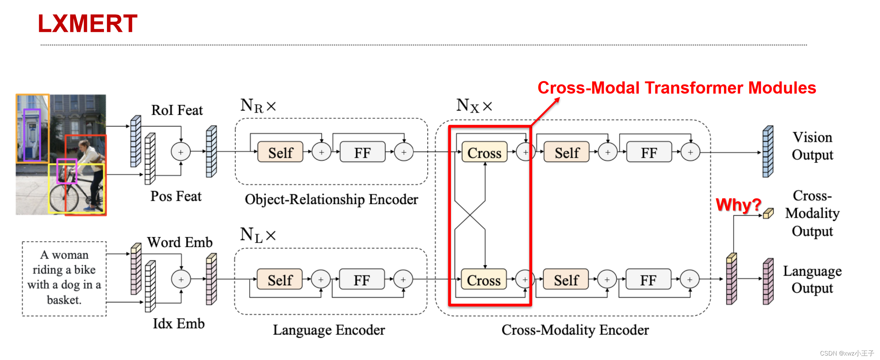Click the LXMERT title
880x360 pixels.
tap(88, 24)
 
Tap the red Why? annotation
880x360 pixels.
tap(738, 205)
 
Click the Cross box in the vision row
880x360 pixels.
tap(484, 152)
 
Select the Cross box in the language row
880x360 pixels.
tap(483, 280)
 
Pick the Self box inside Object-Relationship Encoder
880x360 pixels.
tap(280, 152)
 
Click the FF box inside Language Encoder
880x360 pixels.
tap(361, 280)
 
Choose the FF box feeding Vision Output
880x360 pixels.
tap(649, 152)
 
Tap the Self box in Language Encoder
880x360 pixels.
tap(280, 280)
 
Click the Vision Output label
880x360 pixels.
tap(812, 146)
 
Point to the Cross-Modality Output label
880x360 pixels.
tap(812, 213)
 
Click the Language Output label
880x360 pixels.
tap(812, 279)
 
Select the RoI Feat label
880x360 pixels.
tap(177, 110)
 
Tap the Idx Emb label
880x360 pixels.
tap(179, 323)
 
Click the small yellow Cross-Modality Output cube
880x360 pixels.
tap(768, 213)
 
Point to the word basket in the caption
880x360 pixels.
tap(64, 300)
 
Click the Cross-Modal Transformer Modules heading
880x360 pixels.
tap(677, 88)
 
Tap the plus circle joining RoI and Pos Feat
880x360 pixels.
tap(181, 152)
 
